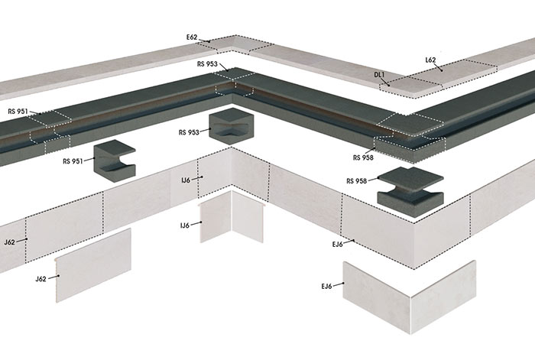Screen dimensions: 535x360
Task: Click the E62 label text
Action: click(x=192, y=37)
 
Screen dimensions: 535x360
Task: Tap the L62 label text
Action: click(x=430, y=60)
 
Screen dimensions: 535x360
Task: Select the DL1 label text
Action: click(x=379, y=75)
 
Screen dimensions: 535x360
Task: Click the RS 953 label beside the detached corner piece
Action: click(x=189, y=132)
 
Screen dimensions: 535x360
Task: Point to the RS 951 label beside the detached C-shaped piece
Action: click(x=73, y=161)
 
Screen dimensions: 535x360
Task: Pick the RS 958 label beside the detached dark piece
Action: click(x=357, y=181)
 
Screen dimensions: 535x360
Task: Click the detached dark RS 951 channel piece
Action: click(x=115, y=160)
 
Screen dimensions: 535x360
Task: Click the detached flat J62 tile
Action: click(x=93, y=265)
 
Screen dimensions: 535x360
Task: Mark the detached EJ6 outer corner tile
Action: click(x=410, y=297)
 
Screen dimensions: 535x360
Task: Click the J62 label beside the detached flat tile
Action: click(x=41, y=279)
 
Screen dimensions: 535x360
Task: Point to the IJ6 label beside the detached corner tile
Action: click(x=185, y=225)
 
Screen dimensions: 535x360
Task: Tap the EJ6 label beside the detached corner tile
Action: click(x=326, y=287)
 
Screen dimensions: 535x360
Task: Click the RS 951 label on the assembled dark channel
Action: click(x=18, y=112)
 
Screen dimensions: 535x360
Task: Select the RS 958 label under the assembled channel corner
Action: click(x=363, y=157)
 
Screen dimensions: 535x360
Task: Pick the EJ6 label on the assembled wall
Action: click(x=337, y=245)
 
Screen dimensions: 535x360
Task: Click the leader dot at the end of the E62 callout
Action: click(x=209, y=42)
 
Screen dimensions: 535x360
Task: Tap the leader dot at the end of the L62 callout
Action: click(x=442, y=70)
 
